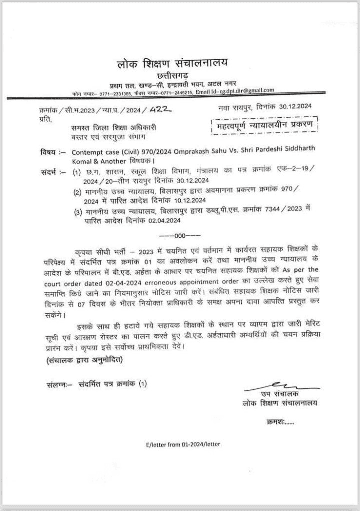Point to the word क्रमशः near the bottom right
tap(283, 422)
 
